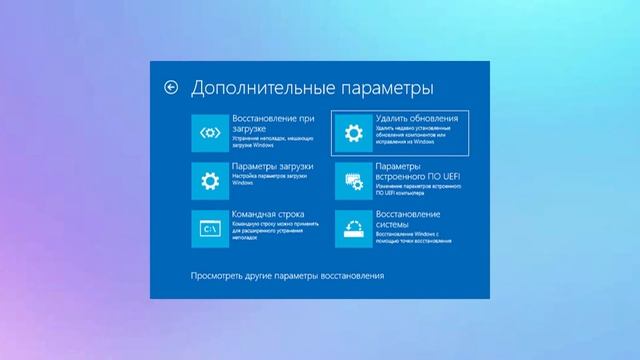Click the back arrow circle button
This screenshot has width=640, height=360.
171,88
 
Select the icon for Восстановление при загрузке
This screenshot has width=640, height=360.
209,132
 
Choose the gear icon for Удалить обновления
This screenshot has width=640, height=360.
351,132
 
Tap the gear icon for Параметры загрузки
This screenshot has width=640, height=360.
209,181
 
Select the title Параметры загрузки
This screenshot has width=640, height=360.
273,166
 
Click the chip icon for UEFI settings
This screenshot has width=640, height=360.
351,181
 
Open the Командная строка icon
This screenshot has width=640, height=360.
209,229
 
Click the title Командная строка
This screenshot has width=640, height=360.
269,214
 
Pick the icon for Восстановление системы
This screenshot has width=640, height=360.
351,229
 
